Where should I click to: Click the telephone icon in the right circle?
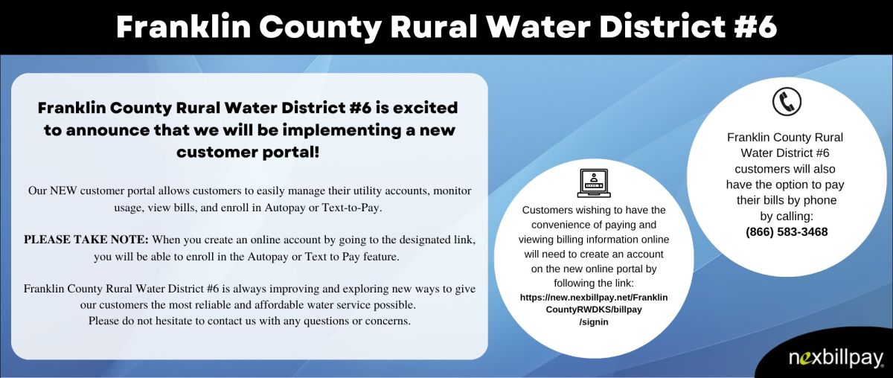pyautogui.click(x=787, y=102)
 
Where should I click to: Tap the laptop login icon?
pyautogui.click(x=594, y=183)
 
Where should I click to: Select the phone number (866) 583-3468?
pyautogui.click(x=787, y=232)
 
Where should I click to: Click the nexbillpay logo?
pyautogui.click(x=836, y=358)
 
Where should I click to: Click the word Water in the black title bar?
pyautogui.click(x=537, y=27)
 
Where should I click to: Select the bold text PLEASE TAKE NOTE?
pyautogui.click(x=86, y=240)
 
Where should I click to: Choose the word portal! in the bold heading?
pyautogui.click(x=292, y=153)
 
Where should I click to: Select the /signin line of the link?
pyautogui.click(x=594, y=322)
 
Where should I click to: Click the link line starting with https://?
pyautogui.click(x=594, y=298)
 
